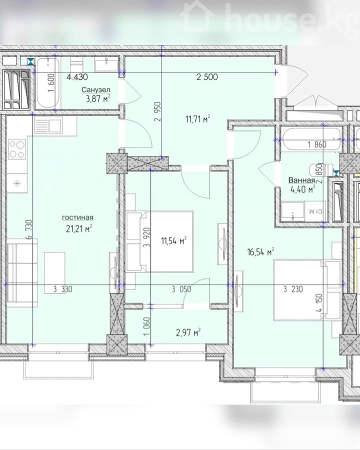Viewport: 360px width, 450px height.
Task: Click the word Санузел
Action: pos(95,90)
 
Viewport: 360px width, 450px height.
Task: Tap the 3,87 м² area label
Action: pos(98,99)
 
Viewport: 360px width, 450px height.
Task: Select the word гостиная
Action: pos(77,217)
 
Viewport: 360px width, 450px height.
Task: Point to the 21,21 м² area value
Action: pos(78,228)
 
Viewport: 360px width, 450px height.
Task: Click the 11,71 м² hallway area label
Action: pos(198,119)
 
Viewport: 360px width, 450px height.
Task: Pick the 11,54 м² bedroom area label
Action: pos(174,240)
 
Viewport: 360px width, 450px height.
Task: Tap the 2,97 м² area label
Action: pos(188,333)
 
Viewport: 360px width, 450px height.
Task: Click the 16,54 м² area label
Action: pos(260,252)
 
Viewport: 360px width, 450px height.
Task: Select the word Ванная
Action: pos(301,180)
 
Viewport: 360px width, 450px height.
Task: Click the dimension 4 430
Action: pos(77,77)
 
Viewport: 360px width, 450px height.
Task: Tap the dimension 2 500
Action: pos(207,77)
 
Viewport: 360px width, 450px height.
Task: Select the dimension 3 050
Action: pos(181,289)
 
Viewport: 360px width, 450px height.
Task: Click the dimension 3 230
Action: pos(293,289)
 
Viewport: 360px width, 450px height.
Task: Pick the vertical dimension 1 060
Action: pos(146,326)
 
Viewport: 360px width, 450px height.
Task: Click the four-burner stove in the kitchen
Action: pos(17,149)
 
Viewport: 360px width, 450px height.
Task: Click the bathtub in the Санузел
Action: pos(47,83)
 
